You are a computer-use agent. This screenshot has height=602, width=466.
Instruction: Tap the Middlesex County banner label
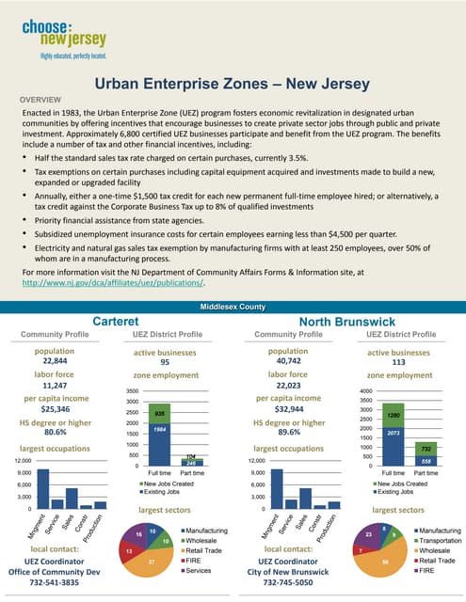pyautogui.click(x=233, y=308)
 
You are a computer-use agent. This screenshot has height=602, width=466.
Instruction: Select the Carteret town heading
pyautogui.click(x=116, y=322)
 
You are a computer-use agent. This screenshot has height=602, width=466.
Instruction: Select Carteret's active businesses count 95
pyautogui.click(x=165, y=361)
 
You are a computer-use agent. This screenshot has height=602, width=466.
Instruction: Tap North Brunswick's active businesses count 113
pyautogui.click(x=398, y=361)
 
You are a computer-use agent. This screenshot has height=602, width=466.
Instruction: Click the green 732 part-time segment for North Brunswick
pyautogui.click(x=425, y=450)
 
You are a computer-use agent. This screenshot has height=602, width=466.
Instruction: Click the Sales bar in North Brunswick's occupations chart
pyautogui.click(x=305, y=498)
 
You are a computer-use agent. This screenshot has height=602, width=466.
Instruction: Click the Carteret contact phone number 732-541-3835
pyautogui.click(x=57, y=582)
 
